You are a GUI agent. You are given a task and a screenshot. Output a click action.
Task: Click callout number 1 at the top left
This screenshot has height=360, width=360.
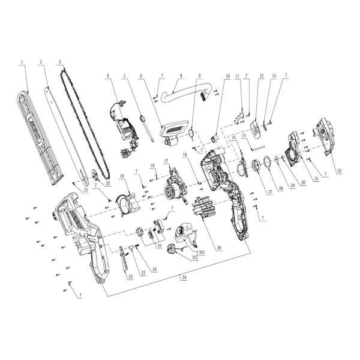(22, 62)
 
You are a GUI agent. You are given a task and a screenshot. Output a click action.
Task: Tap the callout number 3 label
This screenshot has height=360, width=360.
(61, 62)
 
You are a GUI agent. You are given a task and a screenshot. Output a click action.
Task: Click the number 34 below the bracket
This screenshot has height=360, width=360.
(182, 277)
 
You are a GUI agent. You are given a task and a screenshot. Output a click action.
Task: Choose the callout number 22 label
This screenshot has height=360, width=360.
(130, 277)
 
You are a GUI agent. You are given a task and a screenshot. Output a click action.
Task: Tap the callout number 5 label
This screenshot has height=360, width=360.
(124, 76)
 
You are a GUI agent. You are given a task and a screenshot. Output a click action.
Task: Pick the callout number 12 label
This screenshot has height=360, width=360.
(262, 76)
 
